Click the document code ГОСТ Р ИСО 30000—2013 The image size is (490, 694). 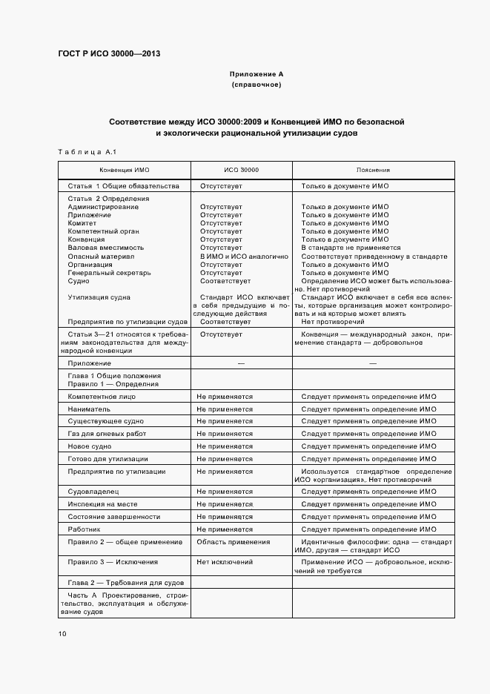tap(108, 54)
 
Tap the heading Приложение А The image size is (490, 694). tap(256, 74)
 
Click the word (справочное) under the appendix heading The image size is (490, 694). tap(256, 85)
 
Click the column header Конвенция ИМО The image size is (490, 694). tap(124, 170)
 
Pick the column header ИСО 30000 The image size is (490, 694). tap(241, 170)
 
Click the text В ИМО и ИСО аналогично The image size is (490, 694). tap(243, 256)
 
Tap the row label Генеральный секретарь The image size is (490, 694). tap(109, 273)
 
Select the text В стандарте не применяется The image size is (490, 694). tap(351, 248)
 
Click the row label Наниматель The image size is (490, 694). tap(89, 409)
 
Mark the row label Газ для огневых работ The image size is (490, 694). tap(107, 433)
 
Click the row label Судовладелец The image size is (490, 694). tap(93, 492)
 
